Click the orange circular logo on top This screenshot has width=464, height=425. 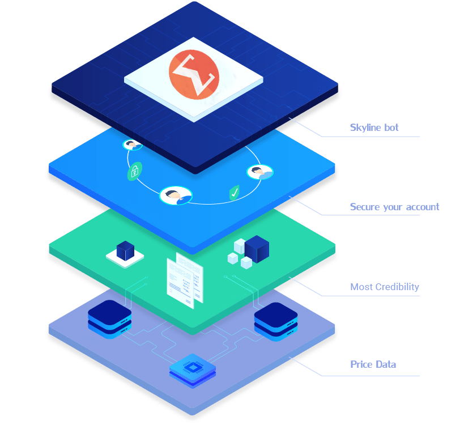pos(193,74)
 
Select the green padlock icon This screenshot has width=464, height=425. pos(134,171)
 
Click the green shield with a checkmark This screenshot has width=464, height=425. pos(234,193)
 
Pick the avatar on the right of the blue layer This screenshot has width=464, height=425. pos(260,172)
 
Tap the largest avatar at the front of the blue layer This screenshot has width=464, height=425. pos(176,195)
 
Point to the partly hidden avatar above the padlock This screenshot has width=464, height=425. pos(133,145)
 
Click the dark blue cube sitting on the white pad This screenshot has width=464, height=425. pos(124,250)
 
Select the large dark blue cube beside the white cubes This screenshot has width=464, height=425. pos(256,248)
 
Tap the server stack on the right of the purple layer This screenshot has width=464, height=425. pos(275,321)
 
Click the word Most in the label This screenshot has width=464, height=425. pos(361,287)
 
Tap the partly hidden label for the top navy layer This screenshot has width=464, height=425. pos(374,127)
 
